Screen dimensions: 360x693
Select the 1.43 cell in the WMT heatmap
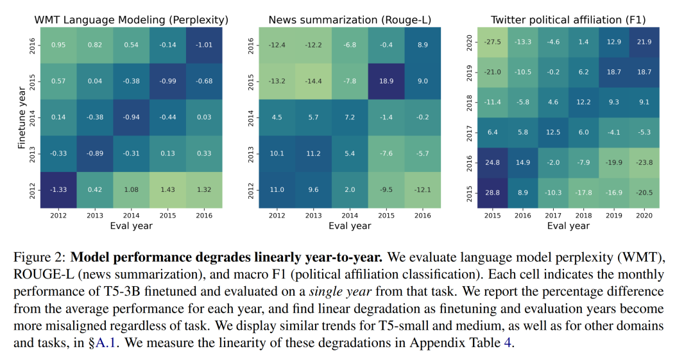(x=168, y=190)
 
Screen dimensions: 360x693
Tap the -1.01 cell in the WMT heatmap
(x=204, y=45)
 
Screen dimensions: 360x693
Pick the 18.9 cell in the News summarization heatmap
(x=386, y=81)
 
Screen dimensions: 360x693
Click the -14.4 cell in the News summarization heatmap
(x=313, y=81)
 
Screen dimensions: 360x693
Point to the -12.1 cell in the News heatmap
(x=423, y=190)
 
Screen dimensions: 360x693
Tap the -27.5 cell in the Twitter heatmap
(x=493, y=42)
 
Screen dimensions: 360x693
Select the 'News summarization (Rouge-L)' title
(x=350, y=19)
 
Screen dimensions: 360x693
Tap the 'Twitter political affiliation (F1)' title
(x=569, y=19)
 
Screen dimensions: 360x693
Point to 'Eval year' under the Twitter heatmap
(x=569, y=226)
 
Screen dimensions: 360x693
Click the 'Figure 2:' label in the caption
(x=38, y=259)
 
